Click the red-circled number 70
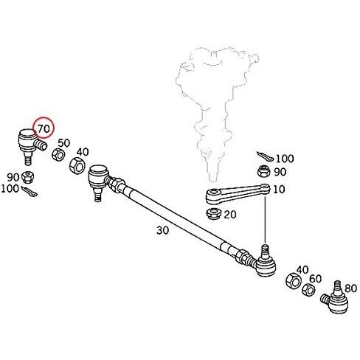pyautogui.click(x=44, y=128)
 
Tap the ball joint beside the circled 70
pyautogui.click(x=32, y=145)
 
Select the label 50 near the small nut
pyautogui.click(x=64, y=143)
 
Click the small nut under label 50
pyautogui.click(x=58, y=155)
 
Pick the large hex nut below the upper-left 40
pyautogui.click(x=77, y=165)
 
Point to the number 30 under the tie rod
pyautogui.click(x=163, y=230)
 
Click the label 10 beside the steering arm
pyautogui.click(x=279, y=190)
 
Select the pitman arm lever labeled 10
pyautogui.click(x=238, y=194)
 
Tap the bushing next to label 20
pyautogui.click(x=214, y=213)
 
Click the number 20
pyautogui.click(x=230, y=215)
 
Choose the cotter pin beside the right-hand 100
pyautogui.click(x=264, y=156)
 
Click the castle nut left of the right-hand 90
pyautogui.click(x=264, y=171)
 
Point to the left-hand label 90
pyautogui.click(x=13, y=177)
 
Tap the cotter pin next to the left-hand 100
pyautogui.click(x=30, y=192)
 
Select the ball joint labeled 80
pyautogui.click(x=335, y=297)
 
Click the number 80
pyautogui.click(x=350, y=288)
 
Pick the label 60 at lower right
pyautogui.click(x=316, y=279)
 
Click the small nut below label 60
pyautogui.click(x=308, y=289)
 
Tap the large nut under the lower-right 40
pyautogui.click(x=294, y=280)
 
